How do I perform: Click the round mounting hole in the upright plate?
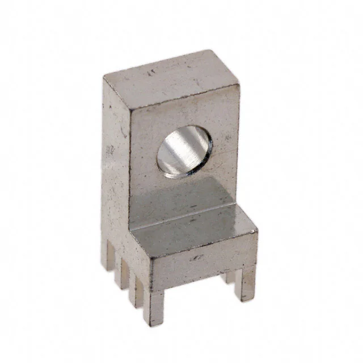click(184, 153)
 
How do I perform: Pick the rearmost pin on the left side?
click(108, 256)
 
